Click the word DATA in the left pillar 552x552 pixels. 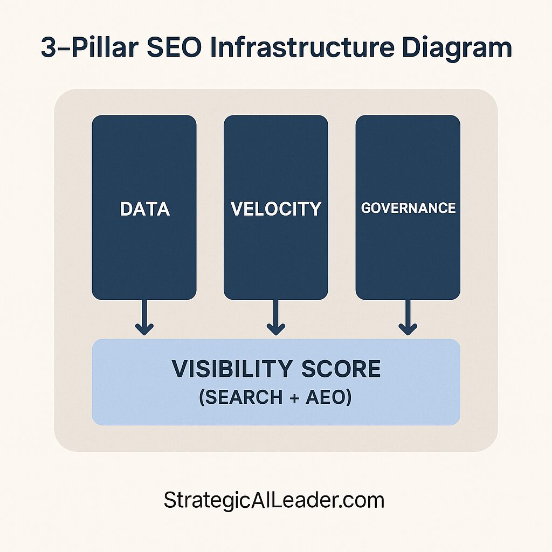[x=144, y=209]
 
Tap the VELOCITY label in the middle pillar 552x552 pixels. [x=276, y=209]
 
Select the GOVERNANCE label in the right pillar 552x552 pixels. [x=408, y=208]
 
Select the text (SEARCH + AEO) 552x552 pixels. [x=275, y=398]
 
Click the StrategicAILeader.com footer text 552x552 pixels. [x=274, y=500]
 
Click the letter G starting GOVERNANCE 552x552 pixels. [x=366, y=208]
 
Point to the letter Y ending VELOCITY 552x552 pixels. [x=315, y=209]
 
